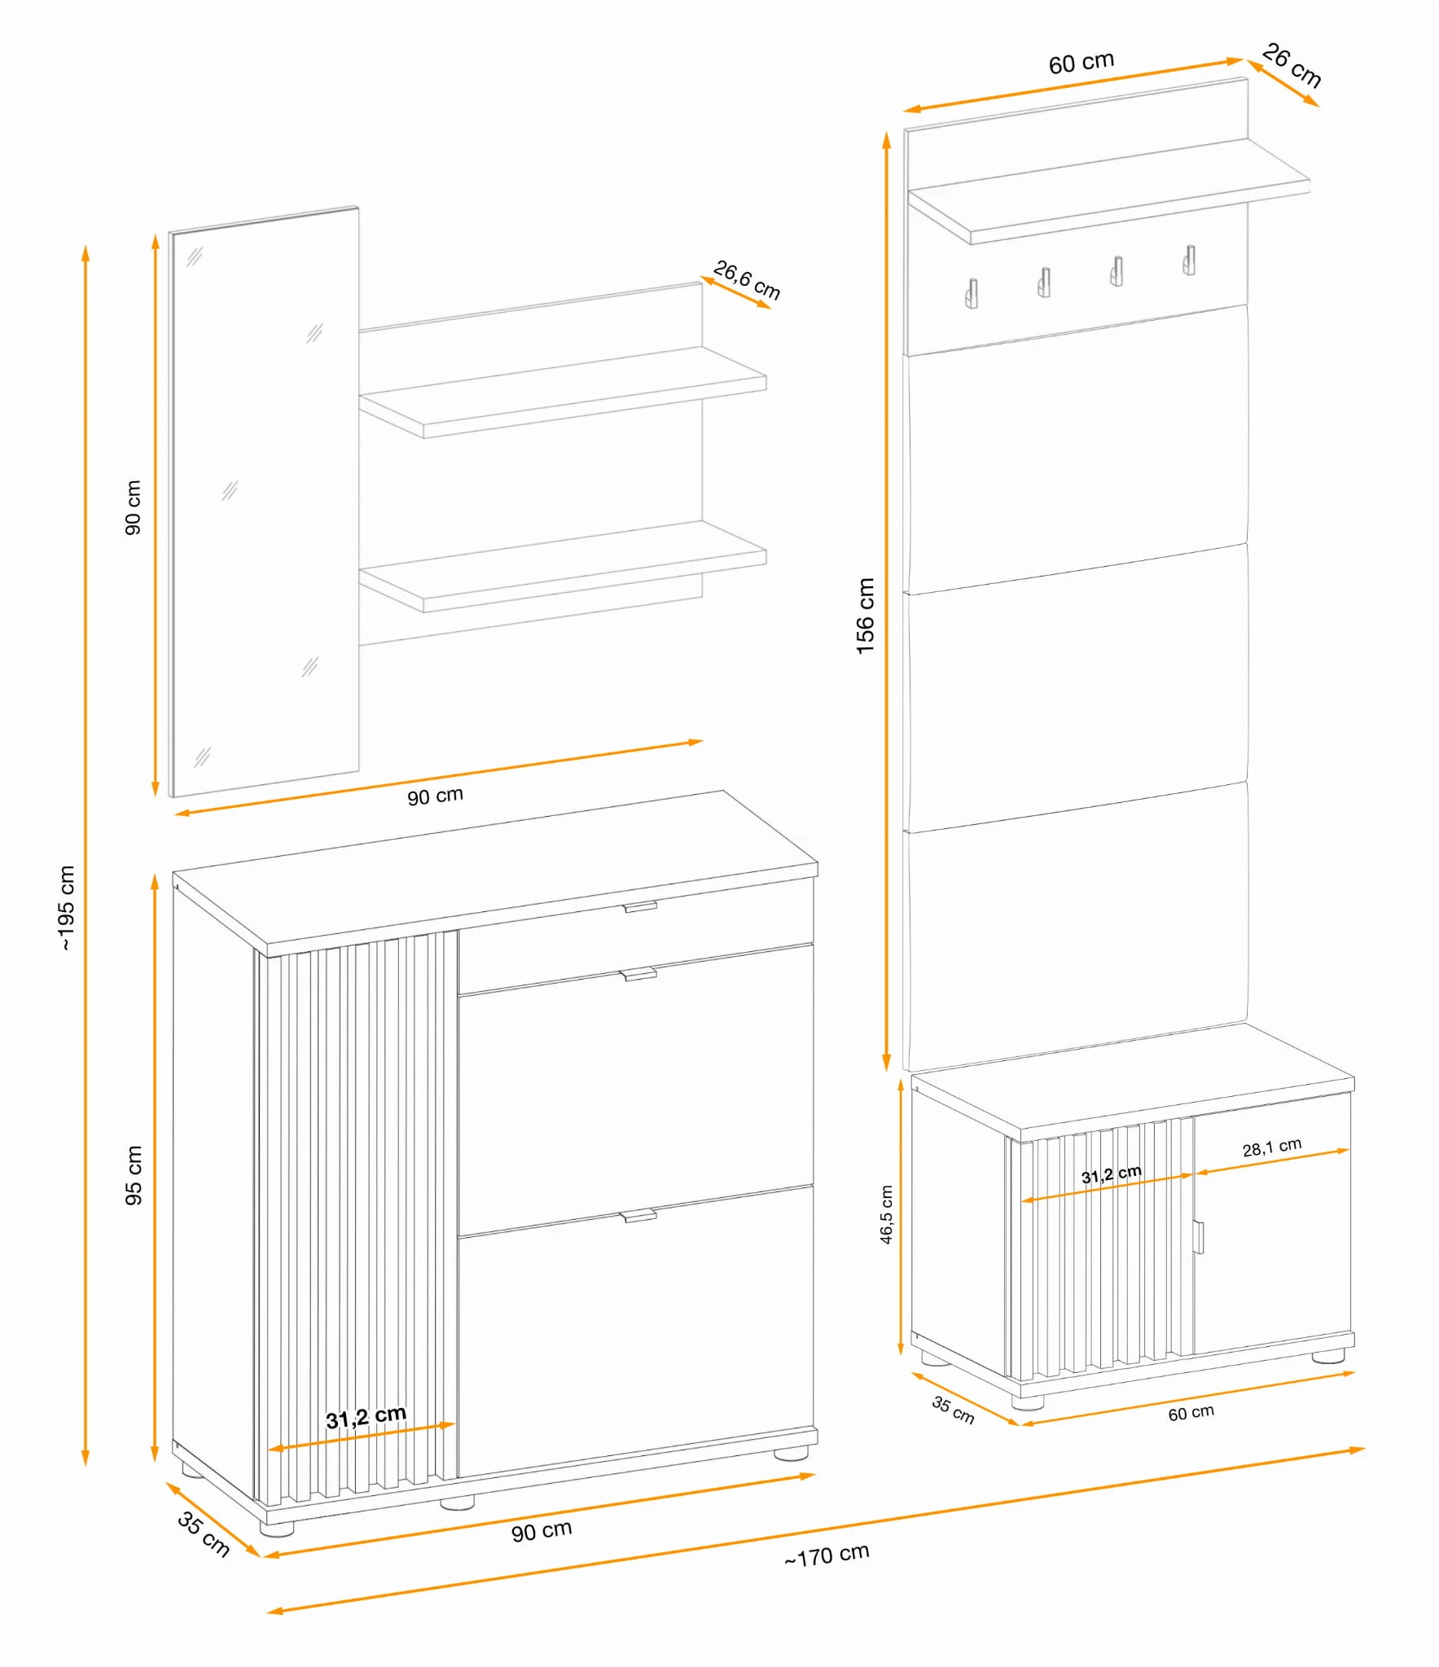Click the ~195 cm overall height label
[67, 907]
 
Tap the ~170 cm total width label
[827, 1555]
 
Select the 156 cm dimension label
[865, 616]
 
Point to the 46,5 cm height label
[886, 1214]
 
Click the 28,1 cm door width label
[1271, 1147]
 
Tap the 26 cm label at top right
[1292, 65]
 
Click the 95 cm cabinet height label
[134, 1175]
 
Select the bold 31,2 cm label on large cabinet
[366, 1417]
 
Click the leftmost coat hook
[971, 293]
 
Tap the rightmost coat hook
[1189, 260]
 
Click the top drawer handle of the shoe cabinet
[640, 906]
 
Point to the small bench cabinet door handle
[1198, 1236]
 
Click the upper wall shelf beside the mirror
[563, 393]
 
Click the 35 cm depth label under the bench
[953, 1410]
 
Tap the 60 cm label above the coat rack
[1081, 63]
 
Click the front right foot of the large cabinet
[790, 1453]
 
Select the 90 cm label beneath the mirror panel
[435, 796]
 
